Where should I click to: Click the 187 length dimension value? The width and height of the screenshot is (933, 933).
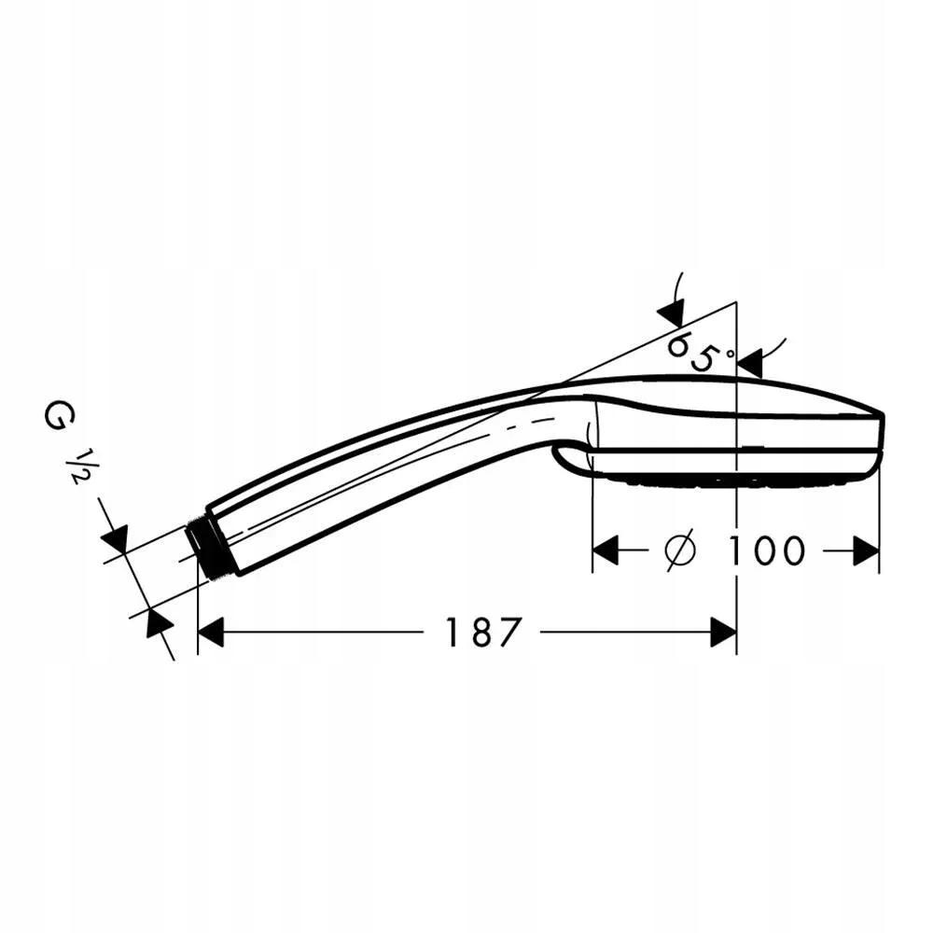tap(482, 632)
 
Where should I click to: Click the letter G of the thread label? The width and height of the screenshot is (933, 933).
tap(55, 415)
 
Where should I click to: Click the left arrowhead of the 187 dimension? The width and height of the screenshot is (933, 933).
tap(210, 632)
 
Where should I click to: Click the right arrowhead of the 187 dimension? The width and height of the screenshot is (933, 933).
tap(724, 632)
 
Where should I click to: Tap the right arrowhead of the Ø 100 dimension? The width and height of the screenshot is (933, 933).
tap(866, 550)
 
